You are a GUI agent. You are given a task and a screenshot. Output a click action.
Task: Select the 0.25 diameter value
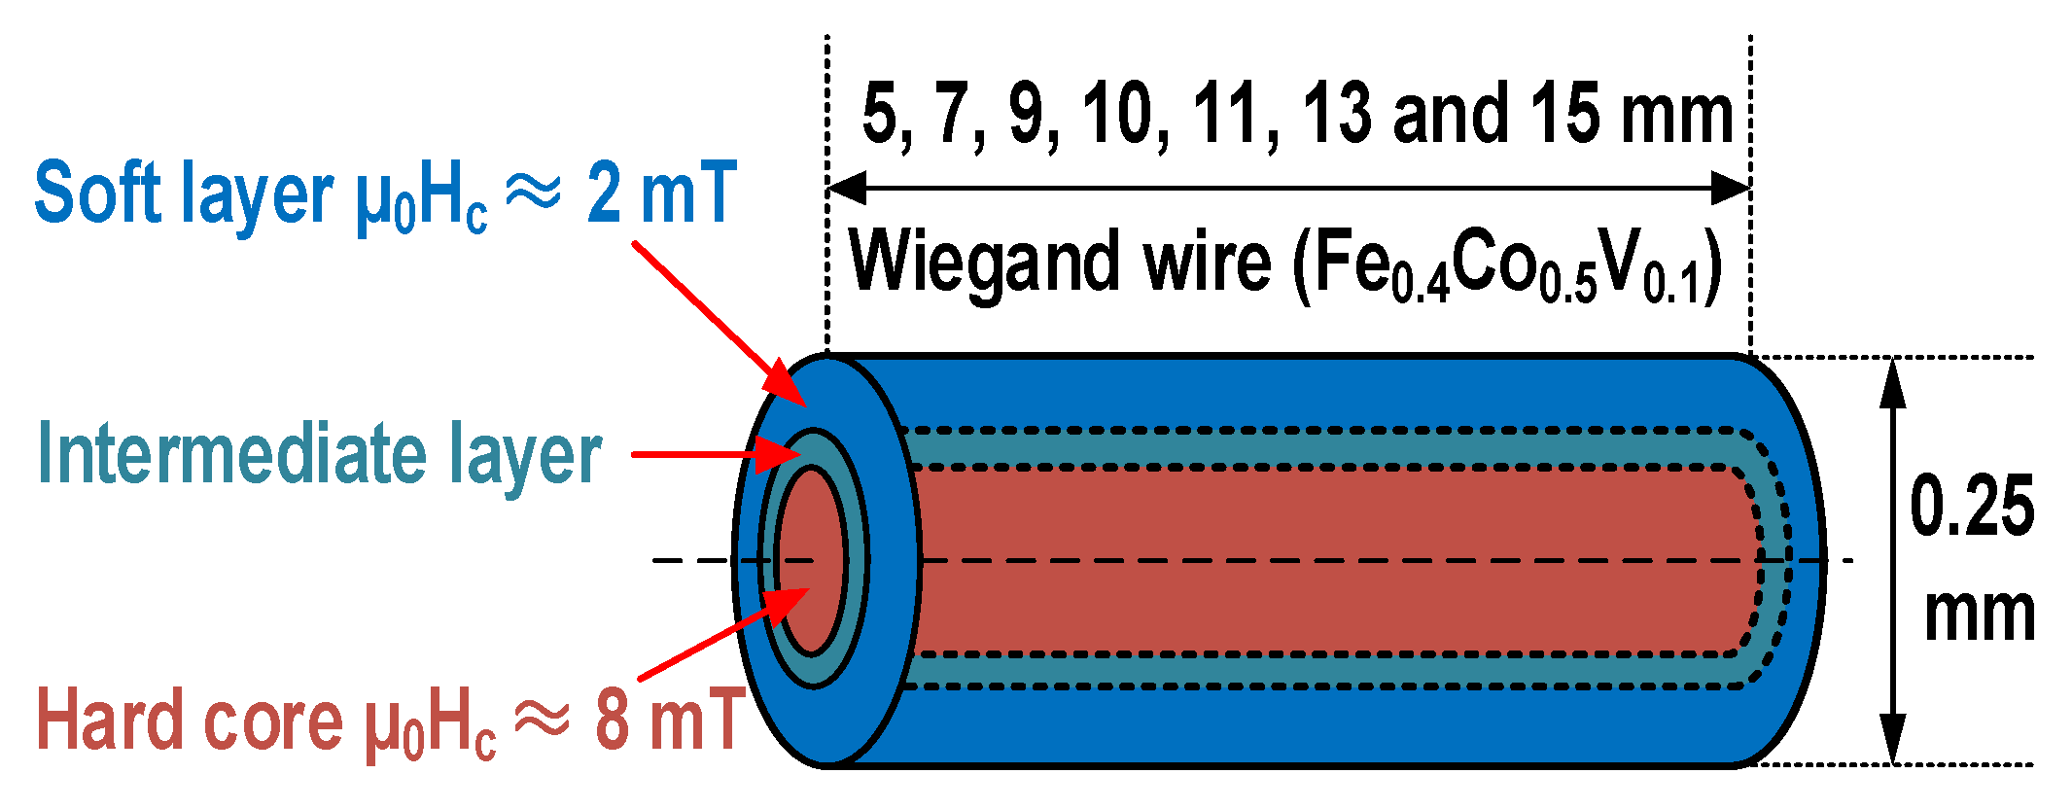point(1971,507)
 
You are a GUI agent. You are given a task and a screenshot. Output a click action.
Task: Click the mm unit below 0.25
point(1980,615)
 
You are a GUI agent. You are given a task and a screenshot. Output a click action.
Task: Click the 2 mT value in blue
point(661,193)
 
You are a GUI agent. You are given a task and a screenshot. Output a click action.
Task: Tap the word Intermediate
point(233,454)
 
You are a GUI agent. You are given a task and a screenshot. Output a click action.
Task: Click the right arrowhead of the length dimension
point(1731,188)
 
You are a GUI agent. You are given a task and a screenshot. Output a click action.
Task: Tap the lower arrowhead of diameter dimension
point(1892,739)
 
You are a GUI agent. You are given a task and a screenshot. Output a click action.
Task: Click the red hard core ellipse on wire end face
point(812,559)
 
